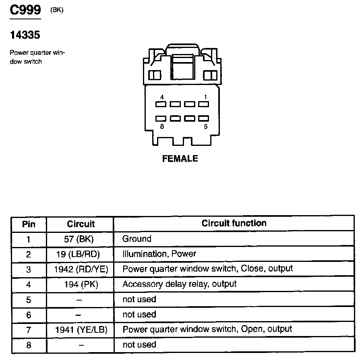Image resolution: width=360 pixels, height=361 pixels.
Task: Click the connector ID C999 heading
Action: pyautogui.click(x=25, y=10)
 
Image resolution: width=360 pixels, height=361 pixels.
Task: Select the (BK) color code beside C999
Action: pyautogui.click(x=57, y=10)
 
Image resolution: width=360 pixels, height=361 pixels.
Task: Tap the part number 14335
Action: pyautogui.click(x=25, y=35)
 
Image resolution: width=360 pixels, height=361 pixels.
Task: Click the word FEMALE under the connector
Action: pyautogui.click(x=180, y=158)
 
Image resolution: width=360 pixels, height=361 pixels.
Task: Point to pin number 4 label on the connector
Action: pyautogui.click(x=161, y=97)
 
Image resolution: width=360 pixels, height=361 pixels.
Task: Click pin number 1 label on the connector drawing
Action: pyautogui.click(x=205, y=97)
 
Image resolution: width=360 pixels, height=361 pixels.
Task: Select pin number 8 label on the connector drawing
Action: pyautogui.click(x=161, y=126)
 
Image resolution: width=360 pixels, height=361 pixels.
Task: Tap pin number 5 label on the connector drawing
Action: pyautogui.click(x=205, y=126)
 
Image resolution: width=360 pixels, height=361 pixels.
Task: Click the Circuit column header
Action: pyautogui.click(x=81, y=224)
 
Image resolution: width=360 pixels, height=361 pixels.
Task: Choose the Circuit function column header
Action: pyautogui.click(x=234, y=223)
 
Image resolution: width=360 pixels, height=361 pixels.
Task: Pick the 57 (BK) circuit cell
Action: pyautogui.click(x=79, y=239)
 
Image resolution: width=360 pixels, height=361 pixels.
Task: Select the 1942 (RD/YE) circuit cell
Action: pyautogui.click(x=81, y=269)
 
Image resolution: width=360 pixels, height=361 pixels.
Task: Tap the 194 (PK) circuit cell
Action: pyautogui.click(x=81, y=284)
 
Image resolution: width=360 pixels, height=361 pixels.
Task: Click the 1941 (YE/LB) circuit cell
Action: pyautogui.click(x=81, y=330)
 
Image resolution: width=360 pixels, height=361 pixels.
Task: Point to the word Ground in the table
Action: pyautogui.click(x=137, y=239)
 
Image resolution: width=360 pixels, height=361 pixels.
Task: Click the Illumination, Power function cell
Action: pyautogui.click(x=159, y=254)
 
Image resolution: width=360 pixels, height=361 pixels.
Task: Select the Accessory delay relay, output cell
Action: pyautogui.click(x=179, y=284)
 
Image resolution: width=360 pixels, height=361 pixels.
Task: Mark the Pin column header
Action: pyautogui.click(x=29, y=224)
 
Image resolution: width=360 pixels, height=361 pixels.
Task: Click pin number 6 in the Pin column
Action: pyautogui.click(x=29, y=315)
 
